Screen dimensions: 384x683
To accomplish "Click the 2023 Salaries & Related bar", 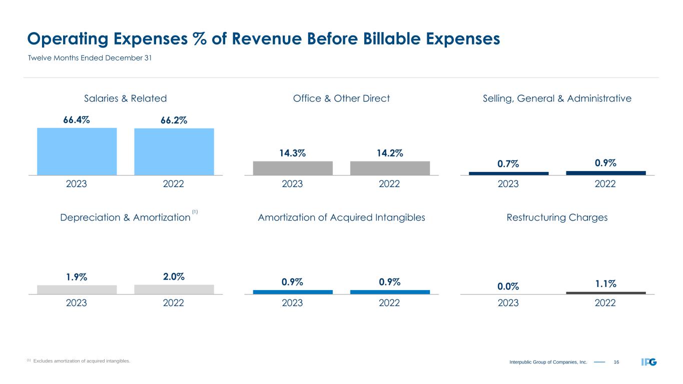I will (77, 151).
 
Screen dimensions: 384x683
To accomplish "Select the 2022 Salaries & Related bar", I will (174, 151).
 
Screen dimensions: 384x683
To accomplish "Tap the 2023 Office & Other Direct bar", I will (293, 168).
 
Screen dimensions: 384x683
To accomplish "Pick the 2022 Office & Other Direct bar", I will (390, 168).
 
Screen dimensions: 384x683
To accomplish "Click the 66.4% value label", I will (77, 120).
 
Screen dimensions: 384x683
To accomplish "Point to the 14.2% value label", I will (390, 153).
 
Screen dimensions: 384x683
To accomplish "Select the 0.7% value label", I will (508, 164).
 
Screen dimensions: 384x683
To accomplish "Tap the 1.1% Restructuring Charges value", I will (605, 283).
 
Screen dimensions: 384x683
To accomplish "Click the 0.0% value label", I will (508, 286).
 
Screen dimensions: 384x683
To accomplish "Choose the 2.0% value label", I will (174, 276).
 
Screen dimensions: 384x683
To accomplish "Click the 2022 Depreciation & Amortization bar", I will (174, 289).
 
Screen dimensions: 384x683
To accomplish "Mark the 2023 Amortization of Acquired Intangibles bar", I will (293, 292).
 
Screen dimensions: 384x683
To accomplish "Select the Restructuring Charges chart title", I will (557, 217).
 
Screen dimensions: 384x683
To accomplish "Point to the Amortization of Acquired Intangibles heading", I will (341, 217).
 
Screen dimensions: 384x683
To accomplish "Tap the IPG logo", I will (648, 361).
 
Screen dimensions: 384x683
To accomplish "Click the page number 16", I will (616, 361).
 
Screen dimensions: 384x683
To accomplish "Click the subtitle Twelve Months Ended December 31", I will (89, 58).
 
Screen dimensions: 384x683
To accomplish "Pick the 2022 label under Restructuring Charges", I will (605, 303).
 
